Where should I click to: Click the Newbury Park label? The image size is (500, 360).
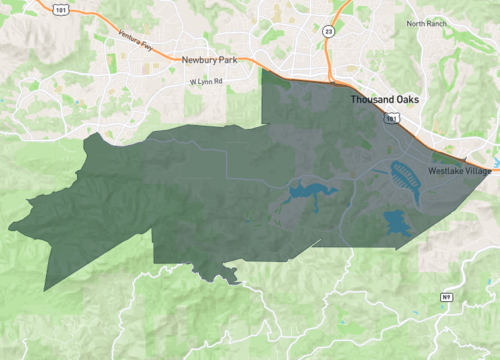pyautogui.click(x=209, y=59)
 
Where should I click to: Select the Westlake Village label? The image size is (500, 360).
pyautogui.click(x=459, y=172)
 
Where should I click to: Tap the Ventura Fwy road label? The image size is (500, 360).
pyautogui.click(x=134, y=45)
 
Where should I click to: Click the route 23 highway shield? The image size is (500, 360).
pyautogui.click(x=329, y=32)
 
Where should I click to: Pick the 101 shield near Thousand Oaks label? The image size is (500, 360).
pyautogui.click(x=391, y=118)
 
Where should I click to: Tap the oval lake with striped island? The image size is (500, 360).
pyautogui.click(x=404, y=176)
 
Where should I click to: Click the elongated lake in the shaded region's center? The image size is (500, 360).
pyautogui.click(x=306, y=192)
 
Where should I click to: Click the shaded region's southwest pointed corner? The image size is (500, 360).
pyautogui.click(x=46, y=291)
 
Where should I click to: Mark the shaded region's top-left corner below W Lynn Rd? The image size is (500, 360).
pyautogui.click(x=261, y=70)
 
